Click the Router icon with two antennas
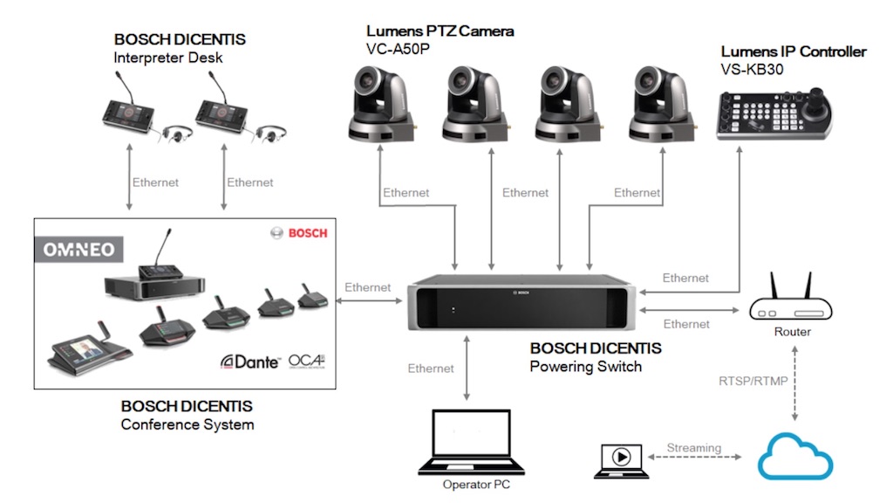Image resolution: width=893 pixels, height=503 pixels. (792, 301)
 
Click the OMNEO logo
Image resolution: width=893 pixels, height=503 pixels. (79, 250)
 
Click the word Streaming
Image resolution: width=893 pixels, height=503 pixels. (694, 448)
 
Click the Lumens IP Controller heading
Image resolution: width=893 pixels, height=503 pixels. (794, 52)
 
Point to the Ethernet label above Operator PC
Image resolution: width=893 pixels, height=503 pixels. (431, 369)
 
